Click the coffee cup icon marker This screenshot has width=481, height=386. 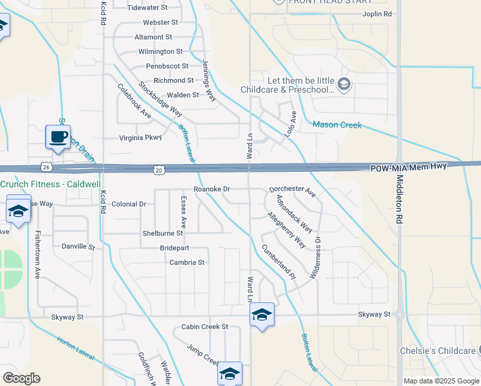point(58,137)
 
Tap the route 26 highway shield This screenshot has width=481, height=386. point(45,167)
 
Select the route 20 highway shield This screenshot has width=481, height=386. point(159,169)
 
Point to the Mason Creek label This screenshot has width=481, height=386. point(337,125)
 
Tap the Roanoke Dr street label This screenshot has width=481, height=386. point(212,189)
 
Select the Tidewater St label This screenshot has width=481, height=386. point(147,8)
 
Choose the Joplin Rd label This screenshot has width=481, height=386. point(377,14)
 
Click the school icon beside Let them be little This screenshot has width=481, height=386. point(344,84)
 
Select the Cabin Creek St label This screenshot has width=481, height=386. point(204,327)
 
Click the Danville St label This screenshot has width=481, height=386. point(78,246)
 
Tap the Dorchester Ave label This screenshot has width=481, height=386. point(292,191)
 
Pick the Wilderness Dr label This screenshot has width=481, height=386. point(316,257)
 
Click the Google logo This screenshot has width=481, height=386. point(21,378)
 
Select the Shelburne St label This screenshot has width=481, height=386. point(163,234)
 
